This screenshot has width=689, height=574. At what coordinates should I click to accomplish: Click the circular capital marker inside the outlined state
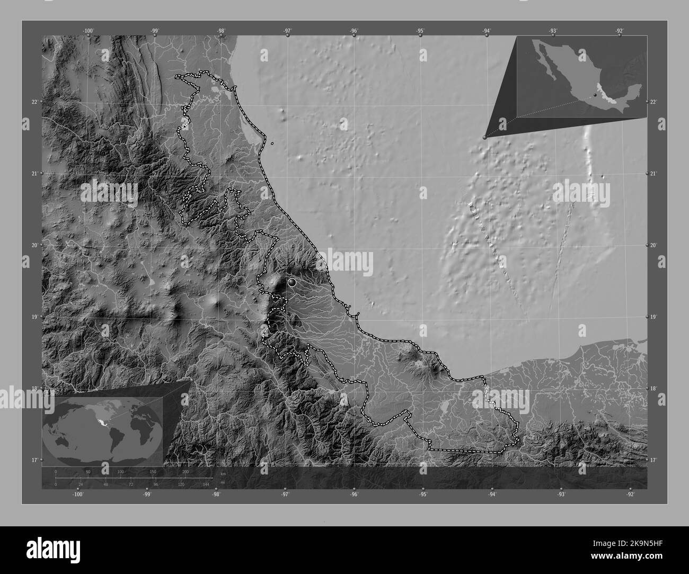point(291,283)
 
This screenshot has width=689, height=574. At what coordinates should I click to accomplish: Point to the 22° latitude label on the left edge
point(34,102)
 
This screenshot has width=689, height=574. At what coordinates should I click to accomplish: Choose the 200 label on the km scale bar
point(185,471)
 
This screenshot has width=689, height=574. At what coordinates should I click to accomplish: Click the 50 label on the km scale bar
point(88,471)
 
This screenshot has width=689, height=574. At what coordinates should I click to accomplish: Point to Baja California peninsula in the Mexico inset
point(546,64)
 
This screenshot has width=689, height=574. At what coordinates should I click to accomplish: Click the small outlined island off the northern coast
point(272,143)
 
